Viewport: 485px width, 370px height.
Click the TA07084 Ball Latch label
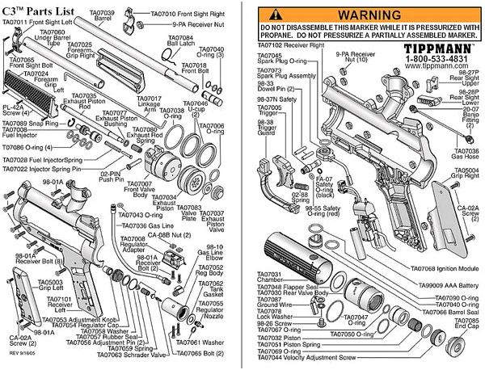[175, 42]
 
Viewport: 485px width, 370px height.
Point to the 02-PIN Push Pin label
[116, 175]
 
